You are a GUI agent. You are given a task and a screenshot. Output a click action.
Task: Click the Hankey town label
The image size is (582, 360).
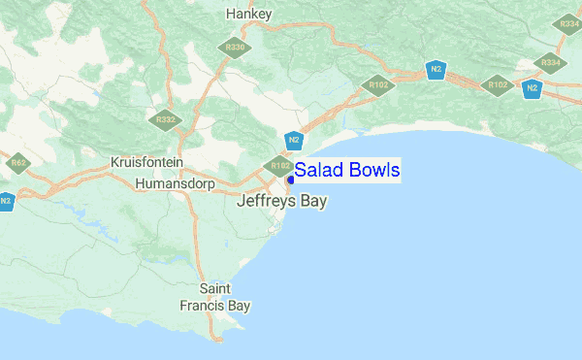(248, 14)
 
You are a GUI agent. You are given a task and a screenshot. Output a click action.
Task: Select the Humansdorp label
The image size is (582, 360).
(179, 182)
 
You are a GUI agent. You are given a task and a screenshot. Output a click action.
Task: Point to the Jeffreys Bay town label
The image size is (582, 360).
(282, 202)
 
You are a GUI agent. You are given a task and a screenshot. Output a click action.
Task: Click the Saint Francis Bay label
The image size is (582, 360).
(214, 297)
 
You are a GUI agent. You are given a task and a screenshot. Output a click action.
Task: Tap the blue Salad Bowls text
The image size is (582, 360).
(346, 171)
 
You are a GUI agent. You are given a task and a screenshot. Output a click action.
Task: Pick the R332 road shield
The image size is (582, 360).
(165, 120)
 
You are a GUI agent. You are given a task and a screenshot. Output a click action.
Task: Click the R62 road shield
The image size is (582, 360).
(17, 162)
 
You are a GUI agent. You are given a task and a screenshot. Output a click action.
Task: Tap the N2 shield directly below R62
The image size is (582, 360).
(6, 202)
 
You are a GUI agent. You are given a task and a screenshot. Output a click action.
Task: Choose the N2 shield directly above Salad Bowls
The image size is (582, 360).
(294, 140)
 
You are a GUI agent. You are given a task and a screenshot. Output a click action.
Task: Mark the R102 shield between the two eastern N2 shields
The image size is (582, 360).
(498, 85)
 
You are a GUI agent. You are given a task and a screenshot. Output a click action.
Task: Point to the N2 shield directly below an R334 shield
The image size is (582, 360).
(532, 89)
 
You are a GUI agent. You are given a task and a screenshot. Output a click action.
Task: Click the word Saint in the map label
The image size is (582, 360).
(214, 289)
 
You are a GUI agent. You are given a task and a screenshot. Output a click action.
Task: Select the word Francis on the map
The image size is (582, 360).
(202, 306)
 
